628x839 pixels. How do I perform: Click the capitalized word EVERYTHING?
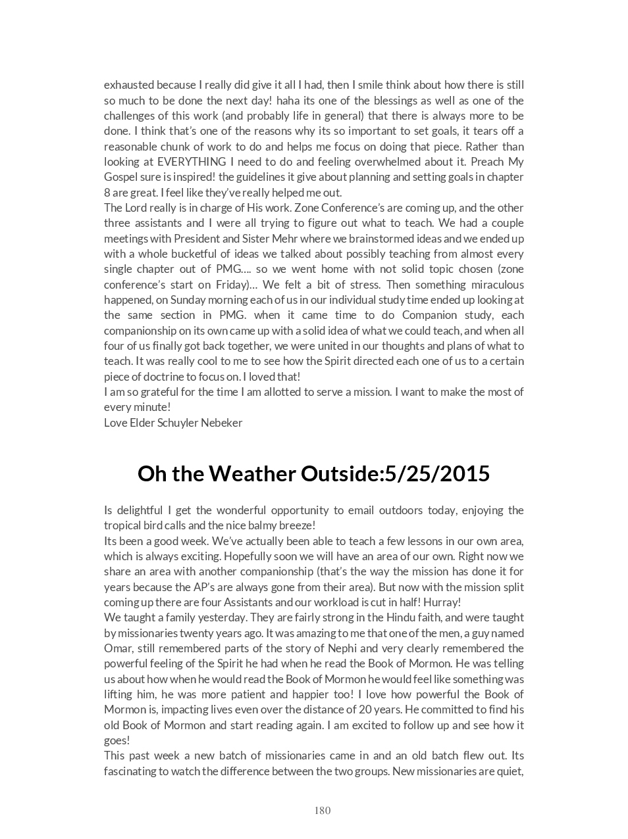pos(183,162)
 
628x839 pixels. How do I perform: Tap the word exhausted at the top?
pos(130,85)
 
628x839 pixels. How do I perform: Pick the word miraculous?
pos(497,285)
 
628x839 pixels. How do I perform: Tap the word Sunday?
pos(188,300)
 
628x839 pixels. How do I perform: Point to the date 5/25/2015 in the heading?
pos(437,473)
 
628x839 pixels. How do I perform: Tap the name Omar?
pos(118,648)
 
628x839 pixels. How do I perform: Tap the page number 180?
pos(323,810)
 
